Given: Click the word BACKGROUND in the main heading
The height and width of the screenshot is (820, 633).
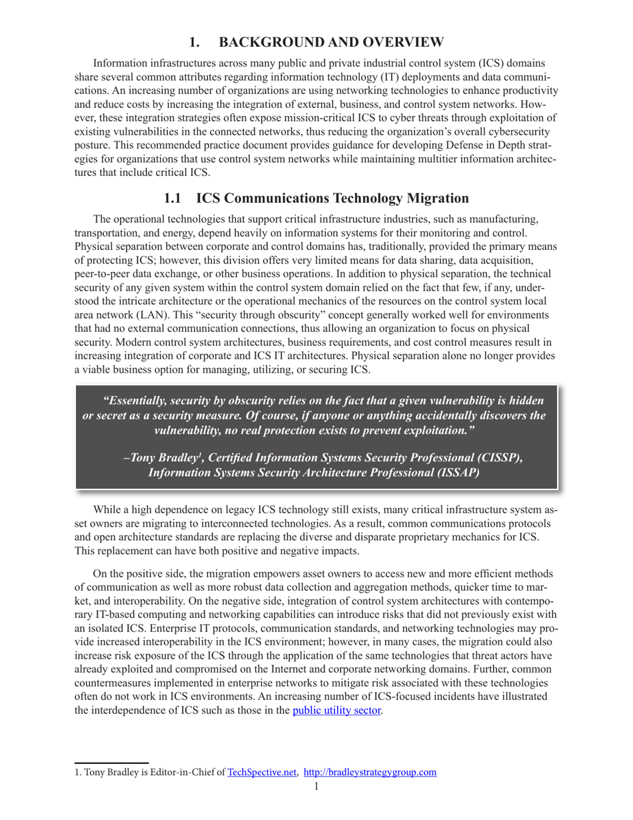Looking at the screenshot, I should tap(263, 42).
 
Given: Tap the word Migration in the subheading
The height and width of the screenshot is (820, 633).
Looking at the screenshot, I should tap(436, 198).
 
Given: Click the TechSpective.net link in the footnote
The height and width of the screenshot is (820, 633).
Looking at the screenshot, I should tap(262, 773).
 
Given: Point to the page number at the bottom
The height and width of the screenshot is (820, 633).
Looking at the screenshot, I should tap(316, 787).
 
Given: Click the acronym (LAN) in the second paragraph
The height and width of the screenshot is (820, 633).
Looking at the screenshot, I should tap(165, 314).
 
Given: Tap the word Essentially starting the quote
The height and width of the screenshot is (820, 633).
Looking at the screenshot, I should tap(135, 401).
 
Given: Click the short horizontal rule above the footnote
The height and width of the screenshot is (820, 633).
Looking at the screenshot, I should tap(111, 762).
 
